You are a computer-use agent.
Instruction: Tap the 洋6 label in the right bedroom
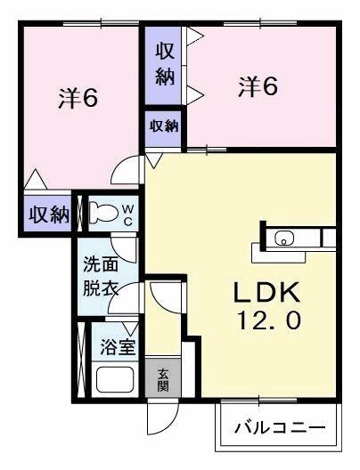point(258,88)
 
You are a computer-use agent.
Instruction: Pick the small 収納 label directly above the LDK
point(164,126)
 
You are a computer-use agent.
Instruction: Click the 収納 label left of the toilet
point(47,215)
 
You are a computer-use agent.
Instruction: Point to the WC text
point(127,214)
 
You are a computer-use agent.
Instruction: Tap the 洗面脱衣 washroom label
point(100,276)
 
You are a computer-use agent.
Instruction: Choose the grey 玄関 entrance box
point(164,380)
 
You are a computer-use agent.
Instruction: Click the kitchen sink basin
point(283,238)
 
